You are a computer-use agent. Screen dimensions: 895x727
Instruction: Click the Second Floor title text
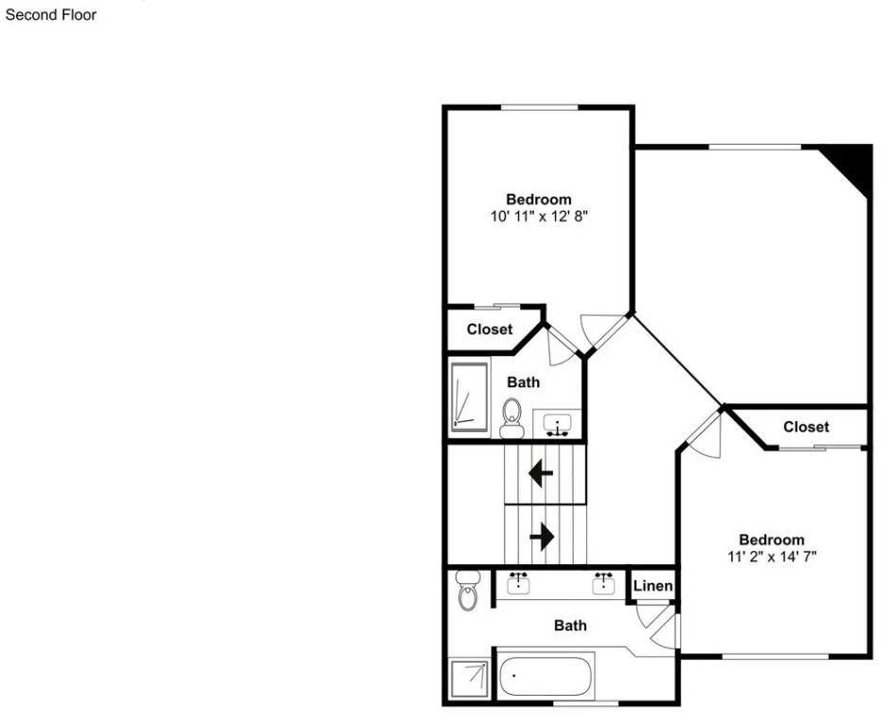(51, 15)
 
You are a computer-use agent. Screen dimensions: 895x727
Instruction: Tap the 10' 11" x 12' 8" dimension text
(539, 216)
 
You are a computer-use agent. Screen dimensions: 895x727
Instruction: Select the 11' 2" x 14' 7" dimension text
(772, 557)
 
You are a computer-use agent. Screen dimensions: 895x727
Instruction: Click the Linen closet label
(653, 586)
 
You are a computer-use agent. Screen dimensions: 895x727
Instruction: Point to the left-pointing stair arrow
(541, 473)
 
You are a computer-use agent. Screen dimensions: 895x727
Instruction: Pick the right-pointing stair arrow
(542, 537)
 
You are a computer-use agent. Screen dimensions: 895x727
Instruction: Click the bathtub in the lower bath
(546, 676)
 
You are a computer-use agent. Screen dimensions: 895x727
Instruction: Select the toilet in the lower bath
(469, 590)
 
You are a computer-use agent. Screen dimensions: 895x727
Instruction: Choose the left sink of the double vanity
(518, 583)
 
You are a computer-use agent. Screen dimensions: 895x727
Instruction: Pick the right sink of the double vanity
(604, 583)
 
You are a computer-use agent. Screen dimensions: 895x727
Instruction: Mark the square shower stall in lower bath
(469, 679)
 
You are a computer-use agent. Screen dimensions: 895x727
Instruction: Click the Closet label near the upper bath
(490, 329)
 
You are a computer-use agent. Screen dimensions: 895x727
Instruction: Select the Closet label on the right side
(806, 427)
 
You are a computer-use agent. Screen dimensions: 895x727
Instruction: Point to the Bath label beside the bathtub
(570, 626)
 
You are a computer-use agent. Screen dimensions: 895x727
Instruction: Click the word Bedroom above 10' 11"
(539, 199)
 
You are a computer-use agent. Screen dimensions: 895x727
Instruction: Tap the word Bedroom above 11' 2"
(772, 540)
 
